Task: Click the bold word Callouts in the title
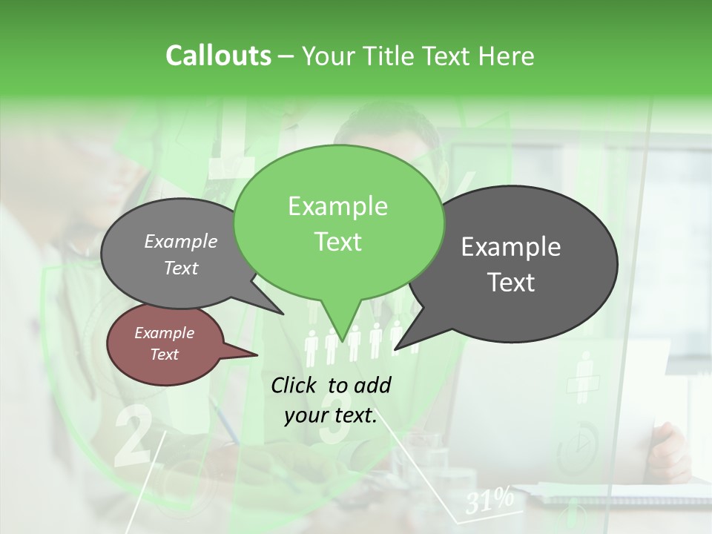coord(218,56)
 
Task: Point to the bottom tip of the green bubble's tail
coord(342,341)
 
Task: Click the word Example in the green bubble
coord(337,206)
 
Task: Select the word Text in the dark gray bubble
coord(512,282)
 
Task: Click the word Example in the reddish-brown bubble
coord(164,333)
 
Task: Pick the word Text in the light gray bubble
coord(181,268)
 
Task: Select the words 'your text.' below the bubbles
coord(331,415)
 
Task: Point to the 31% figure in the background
coord(489,501)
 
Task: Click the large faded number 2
coord(133,436)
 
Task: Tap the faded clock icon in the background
coord(577,443)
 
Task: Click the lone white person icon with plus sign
coord(584,375)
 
